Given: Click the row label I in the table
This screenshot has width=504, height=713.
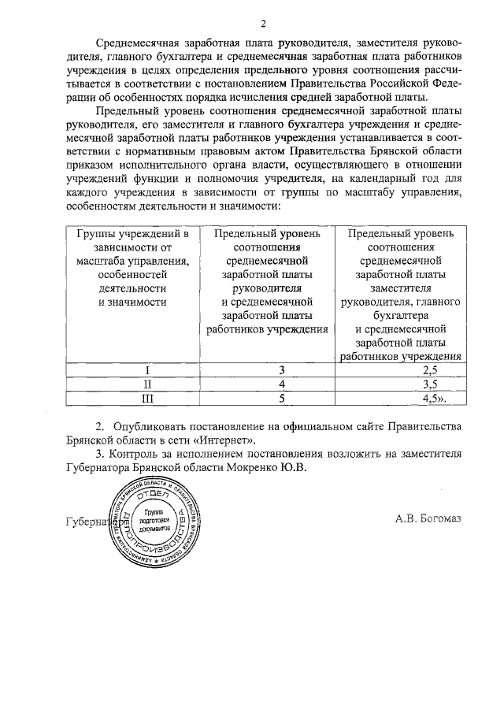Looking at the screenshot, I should (133, 369).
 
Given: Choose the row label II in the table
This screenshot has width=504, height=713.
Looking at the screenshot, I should (133, 384).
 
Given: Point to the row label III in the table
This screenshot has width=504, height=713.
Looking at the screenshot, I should (133, 399).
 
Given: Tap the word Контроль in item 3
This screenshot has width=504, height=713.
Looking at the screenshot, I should (134, 453).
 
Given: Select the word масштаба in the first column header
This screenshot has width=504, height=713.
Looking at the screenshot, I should (102, 261).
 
